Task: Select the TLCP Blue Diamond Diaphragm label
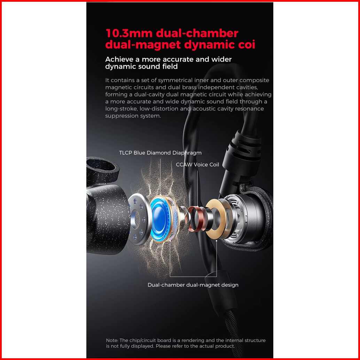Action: click(160, 153)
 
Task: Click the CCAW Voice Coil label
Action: click(197, 165)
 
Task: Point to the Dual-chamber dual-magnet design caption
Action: click(193, 285)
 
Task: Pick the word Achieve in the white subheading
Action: click(119, 60)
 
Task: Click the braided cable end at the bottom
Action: click(233, 331)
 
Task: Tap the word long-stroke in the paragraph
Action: click(121, 109)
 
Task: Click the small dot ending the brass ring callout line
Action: click(217, 241)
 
